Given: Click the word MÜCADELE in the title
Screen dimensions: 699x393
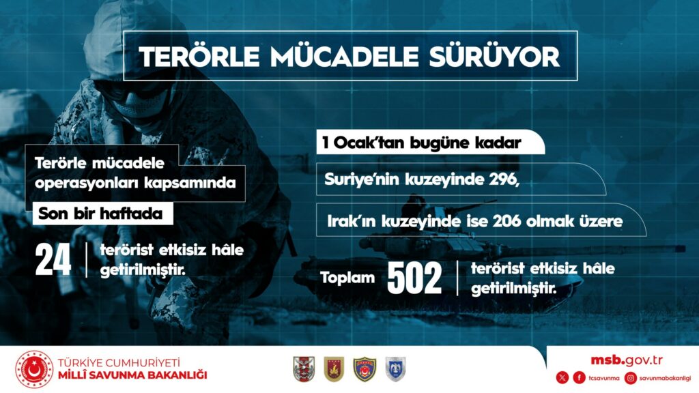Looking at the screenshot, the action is coord(344,57).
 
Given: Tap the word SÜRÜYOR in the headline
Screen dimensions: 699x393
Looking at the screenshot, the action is coord(494,57).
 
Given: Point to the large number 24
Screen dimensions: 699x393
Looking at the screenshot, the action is coord(53,260).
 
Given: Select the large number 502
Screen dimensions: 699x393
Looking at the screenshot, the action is coord(414,278).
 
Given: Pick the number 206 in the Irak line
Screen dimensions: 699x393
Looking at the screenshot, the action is coord(506,221).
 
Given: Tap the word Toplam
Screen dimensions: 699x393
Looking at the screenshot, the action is coord(347,278).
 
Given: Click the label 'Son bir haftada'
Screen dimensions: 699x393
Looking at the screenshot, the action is coord(100,214).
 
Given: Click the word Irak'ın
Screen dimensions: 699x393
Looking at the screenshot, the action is coord(350,221).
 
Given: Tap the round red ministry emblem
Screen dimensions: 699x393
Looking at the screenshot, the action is coord(34,369).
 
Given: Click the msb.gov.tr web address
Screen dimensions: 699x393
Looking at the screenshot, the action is coord(627,360).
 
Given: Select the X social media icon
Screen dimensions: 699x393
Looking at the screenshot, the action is coord(562,378).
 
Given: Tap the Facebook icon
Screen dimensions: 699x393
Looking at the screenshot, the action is coord(579,378).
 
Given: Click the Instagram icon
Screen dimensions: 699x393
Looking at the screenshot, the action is coord(630,378).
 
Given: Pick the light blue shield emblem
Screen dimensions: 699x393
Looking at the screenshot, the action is coord(395,369).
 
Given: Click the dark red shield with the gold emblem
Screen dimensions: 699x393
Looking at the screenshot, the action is coord(334,369).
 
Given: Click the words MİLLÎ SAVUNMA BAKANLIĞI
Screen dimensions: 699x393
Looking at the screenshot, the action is coord(132,375).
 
